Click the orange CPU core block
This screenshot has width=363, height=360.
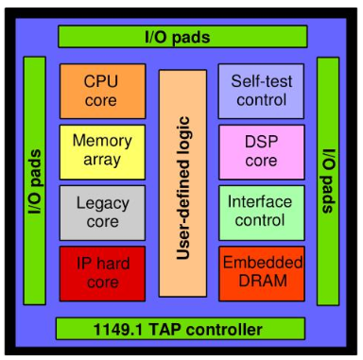[102, 91]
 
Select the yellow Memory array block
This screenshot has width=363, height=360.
[102, 151]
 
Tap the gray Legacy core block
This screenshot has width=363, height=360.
[102, 212]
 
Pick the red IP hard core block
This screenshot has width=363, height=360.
[102, 272]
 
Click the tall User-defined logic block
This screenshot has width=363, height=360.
[182, 182]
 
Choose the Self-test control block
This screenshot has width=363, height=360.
[262, 91]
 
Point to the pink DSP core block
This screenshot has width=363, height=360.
[262, 151]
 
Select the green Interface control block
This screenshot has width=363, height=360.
[262, 212]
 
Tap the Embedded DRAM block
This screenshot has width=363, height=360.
[262, 272]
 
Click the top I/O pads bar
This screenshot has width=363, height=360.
[182, 37]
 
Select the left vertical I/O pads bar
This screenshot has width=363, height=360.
[34, 180]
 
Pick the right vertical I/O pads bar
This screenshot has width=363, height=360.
[328, 180]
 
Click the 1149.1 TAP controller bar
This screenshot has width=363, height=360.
[182, 329]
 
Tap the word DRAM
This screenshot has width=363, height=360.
[262, 282]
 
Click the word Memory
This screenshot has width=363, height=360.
[102, 142]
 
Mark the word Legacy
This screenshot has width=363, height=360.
[102, 202]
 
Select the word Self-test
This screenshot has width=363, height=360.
[262, 81]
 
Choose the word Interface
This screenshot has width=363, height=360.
[262, 202]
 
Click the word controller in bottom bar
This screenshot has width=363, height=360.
[223, 329]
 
